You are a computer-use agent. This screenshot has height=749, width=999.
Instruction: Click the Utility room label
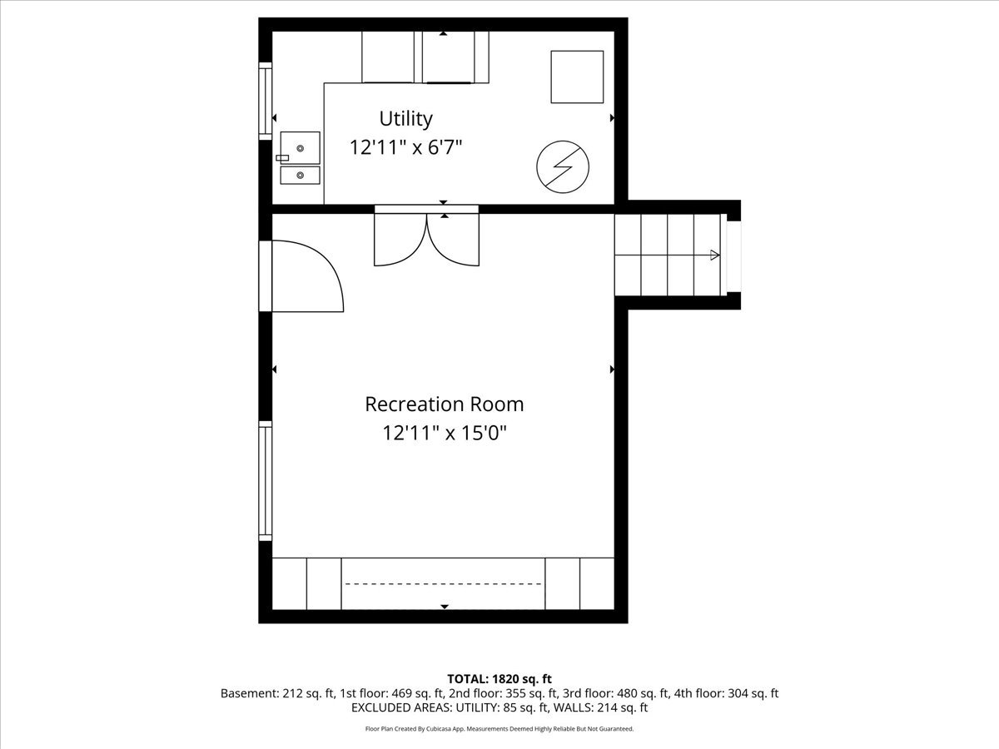coord(405,119)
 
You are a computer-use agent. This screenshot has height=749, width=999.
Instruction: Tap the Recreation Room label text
coord(445,404)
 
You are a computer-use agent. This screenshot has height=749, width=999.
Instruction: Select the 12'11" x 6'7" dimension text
coord(405,147)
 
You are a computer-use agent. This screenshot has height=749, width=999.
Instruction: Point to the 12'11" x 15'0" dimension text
coord(445,433)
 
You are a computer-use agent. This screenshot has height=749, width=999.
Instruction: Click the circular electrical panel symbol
coord(563,167)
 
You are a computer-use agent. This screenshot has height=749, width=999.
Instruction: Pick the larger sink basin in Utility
coord(300,148)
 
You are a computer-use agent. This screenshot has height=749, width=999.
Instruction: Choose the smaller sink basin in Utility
coord(300,175)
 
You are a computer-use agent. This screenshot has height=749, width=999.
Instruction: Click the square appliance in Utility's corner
coord(577,77)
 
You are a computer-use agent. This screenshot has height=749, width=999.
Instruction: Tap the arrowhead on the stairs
coord(714,255)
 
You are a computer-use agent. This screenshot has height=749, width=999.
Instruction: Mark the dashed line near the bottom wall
coord(443,583)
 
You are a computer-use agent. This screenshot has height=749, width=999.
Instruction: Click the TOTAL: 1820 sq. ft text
coord(499,679)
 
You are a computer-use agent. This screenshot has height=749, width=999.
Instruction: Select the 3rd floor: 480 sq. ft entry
coord(615,693)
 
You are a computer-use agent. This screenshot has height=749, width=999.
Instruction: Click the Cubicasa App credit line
coord(499,729)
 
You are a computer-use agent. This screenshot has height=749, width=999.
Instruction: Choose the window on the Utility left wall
coord(266,101)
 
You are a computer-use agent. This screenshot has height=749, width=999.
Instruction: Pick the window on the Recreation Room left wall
coord(266,481)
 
